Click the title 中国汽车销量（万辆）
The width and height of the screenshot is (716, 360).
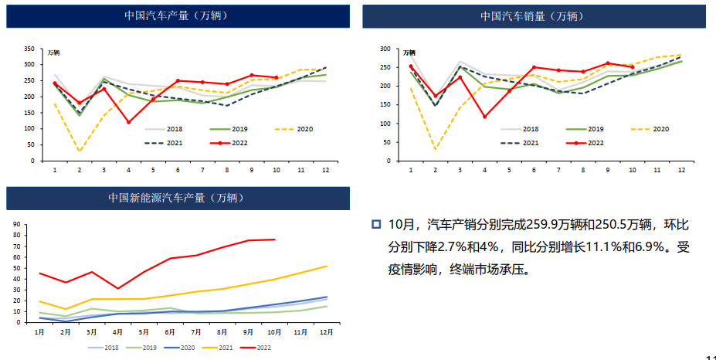(x=534, y=15)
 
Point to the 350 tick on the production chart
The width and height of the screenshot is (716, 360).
(x=29, y=48)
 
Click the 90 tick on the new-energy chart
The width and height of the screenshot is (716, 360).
(x=15, y=225)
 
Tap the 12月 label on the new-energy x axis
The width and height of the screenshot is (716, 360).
(x=327, y=331)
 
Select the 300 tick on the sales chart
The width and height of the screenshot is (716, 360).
(x=383, y=49)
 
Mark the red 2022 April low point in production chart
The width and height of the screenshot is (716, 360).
(x=128, y=122)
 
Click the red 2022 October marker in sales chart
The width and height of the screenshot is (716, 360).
(x=632, y=67)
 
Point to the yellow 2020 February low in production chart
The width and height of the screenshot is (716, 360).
(x=79, y=151)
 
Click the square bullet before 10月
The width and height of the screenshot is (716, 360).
(x=376, y=225)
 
